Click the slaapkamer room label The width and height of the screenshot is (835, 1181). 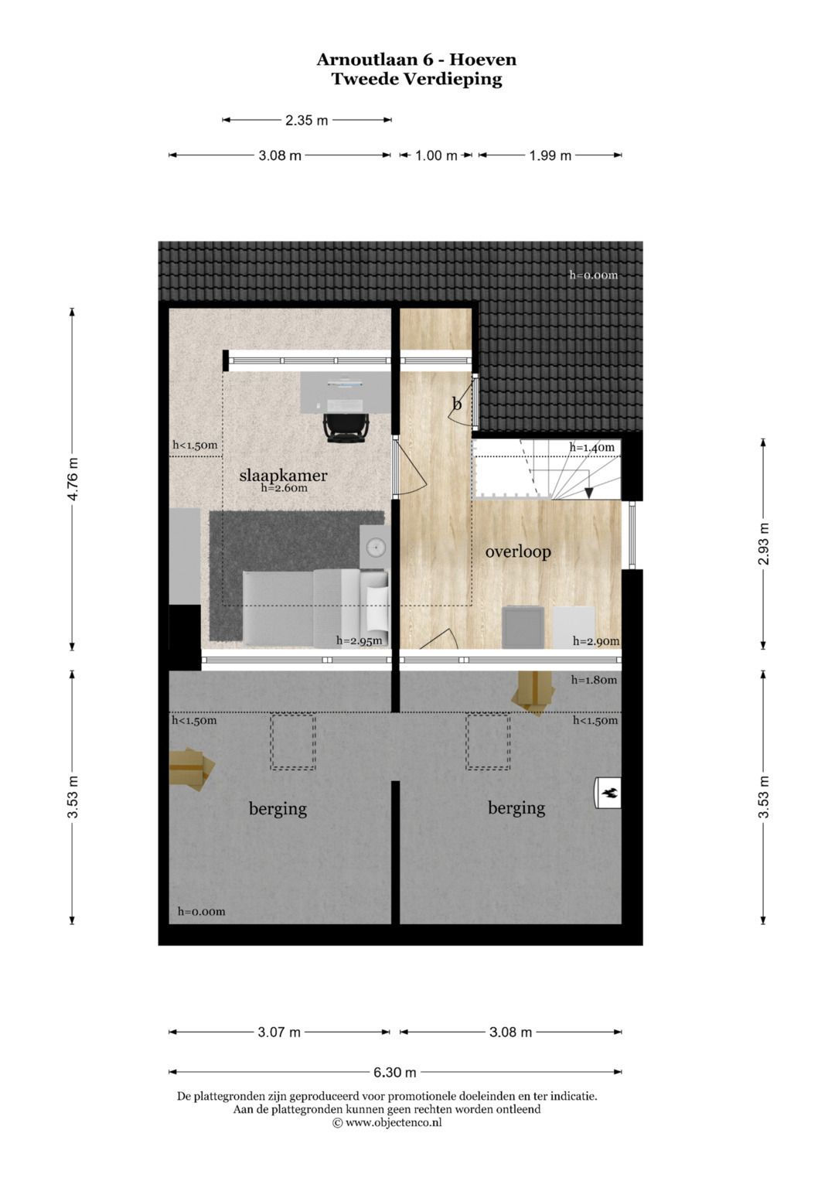tap(283, 476)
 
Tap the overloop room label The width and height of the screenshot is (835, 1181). tap(518, 552)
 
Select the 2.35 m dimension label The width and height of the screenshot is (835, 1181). tap(306, 121)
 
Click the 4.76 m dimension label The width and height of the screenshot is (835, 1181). tap(73, 480)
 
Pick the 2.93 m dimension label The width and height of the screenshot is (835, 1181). tap(764, 544)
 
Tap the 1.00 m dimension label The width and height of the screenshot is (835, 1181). tap(436, 155)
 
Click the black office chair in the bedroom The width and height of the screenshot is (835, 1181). tap(346, 426)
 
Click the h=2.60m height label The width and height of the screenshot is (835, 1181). tap(285, 488)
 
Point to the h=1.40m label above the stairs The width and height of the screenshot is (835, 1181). tap(592, 448)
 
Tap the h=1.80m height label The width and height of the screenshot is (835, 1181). tap(594, 680)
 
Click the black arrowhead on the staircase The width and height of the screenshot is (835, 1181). tap(589, 493)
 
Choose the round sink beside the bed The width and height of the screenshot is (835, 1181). tap(375, 547)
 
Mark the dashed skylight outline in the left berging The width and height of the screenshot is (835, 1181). tap(294, 741)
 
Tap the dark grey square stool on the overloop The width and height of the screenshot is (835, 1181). tap(523, 627)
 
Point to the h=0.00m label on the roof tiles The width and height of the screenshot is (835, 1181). tap(594, 275)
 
